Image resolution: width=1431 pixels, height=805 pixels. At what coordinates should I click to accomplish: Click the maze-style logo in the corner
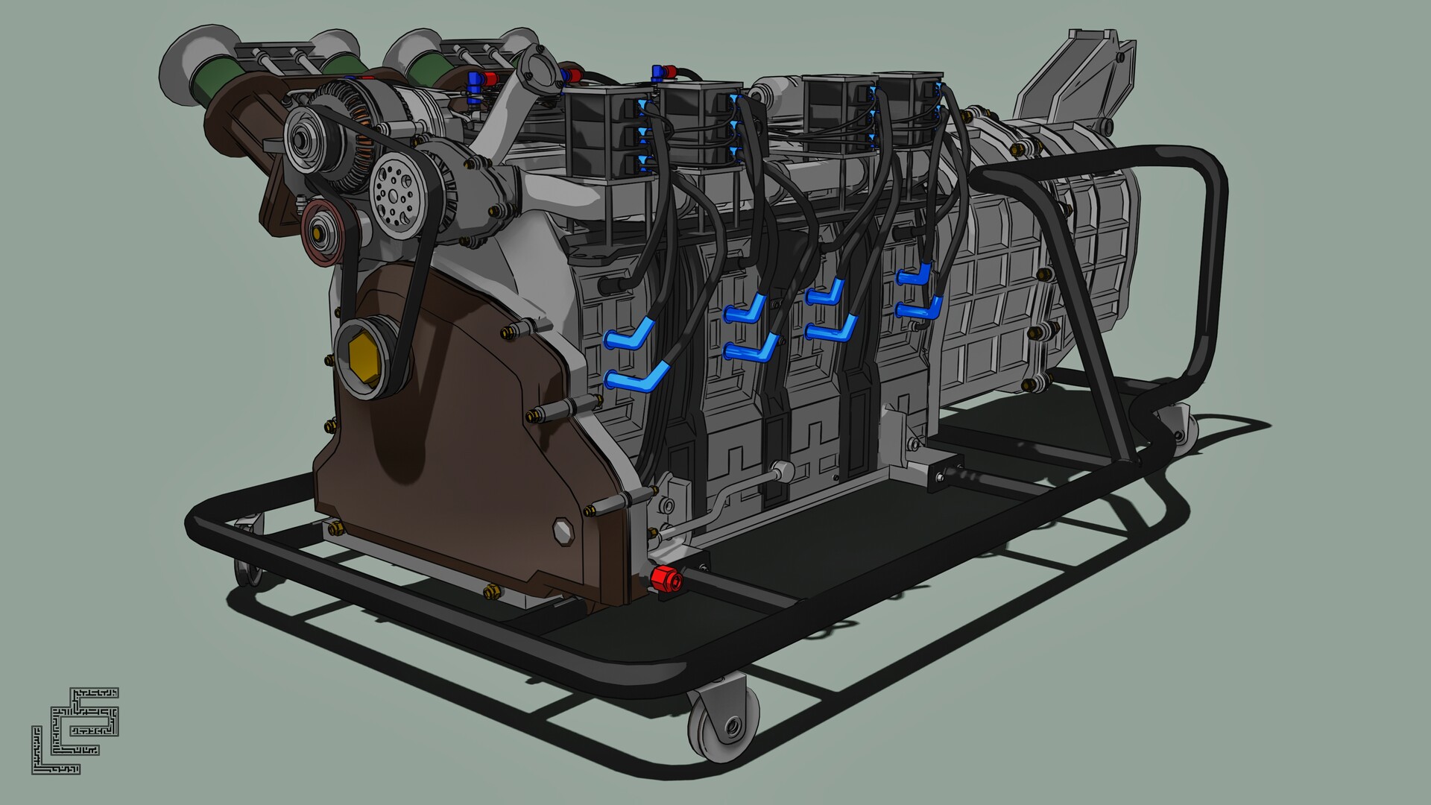coord(75,730)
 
